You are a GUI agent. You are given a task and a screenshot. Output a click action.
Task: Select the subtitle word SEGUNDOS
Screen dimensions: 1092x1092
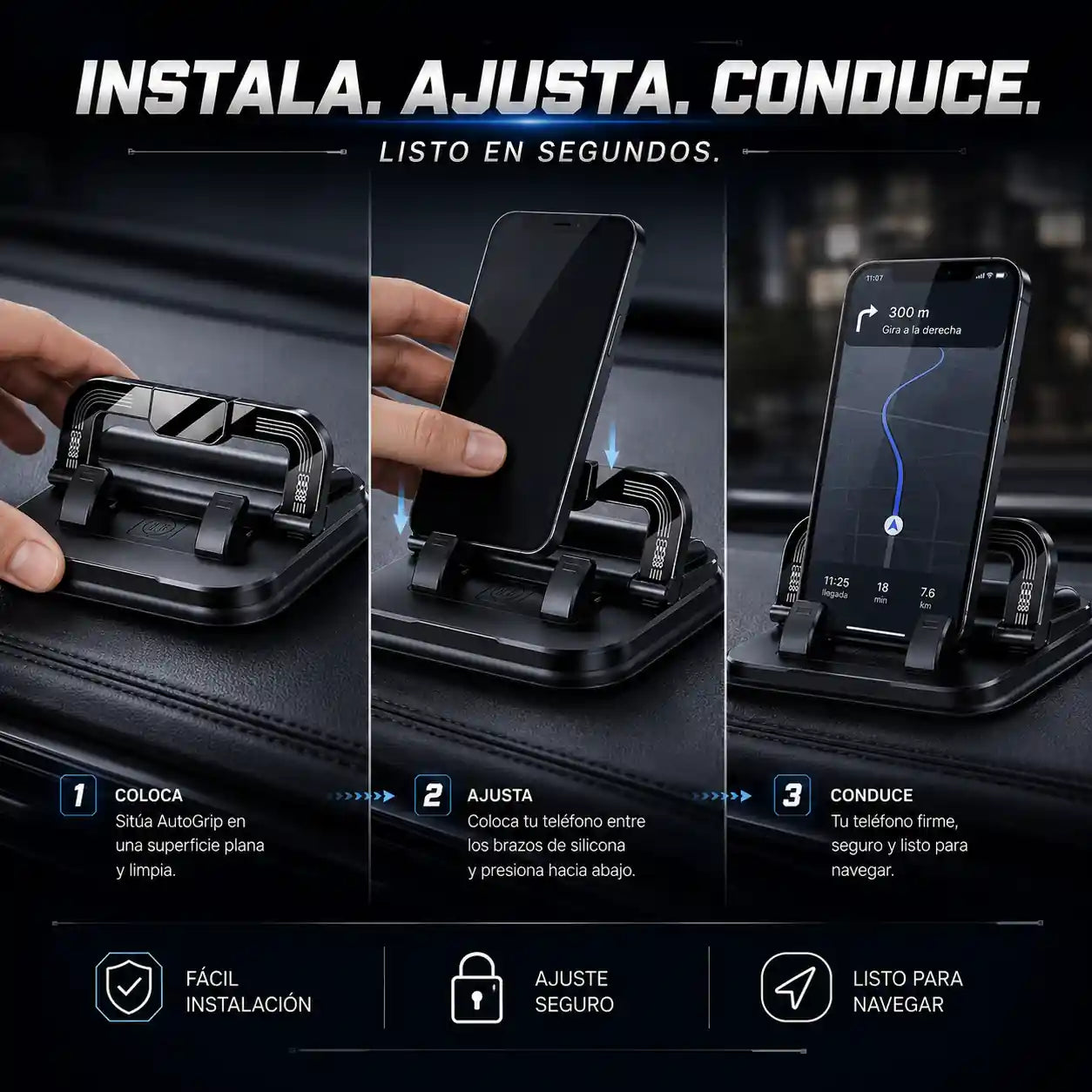coord(629,152)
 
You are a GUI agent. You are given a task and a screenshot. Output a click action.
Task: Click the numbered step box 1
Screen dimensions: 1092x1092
coord(78,795)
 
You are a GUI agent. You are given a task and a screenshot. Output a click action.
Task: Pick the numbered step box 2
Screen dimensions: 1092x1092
coord(433,795)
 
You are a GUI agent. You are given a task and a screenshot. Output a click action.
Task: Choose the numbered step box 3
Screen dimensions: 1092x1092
coord(792,795)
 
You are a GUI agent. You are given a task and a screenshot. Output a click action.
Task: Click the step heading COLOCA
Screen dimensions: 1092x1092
coord(148,795)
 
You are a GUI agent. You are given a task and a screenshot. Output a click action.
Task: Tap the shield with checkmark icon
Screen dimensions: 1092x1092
coord(129,987)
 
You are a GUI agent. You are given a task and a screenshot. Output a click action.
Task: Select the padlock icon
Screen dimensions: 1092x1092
coord(476,988)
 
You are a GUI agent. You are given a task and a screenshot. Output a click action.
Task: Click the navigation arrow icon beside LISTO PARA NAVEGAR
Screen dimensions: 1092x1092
coord(796,988)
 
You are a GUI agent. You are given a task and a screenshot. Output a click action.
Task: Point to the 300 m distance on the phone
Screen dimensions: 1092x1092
coord(909,313)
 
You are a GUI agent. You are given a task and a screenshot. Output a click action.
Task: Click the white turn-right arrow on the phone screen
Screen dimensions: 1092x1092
coord(866,319)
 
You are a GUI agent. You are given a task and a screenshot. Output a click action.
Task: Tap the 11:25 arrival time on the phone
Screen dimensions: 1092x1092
coord(837,582)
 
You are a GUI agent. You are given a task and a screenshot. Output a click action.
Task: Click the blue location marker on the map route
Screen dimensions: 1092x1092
coord(893,525)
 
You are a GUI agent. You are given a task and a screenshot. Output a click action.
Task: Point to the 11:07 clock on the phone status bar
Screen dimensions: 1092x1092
coord(874,278)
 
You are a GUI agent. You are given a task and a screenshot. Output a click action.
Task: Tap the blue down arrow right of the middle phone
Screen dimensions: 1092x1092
coord(611,447)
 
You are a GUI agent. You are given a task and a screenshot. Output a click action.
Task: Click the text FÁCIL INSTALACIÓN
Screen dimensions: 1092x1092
coord(248,991)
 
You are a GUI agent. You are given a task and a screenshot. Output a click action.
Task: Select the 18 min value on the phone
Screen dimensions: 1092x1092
coord(882,592)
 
